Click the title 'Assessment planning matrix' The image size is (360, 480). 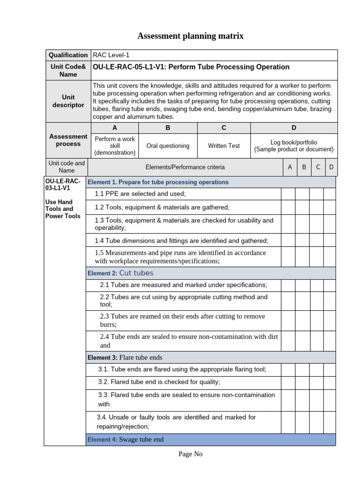(190, 36)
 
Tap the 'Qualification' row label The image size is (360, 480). (68, 55)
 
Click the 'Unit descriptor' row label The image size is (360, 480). (68, 101)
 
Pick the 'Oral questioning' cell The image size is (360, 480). (168, 146)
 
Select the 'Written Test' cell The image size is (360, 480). (224, 146)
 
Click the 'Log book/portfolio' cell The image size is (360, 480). (294, 146)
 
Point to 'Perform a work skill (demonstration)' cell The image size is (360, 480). (115, 146)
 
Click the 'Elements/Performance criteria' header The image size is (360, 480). (185, 167)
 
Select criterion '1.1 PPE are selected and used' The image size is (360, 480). (140, 194)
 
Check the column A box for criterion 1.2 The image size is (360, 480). (288, 207)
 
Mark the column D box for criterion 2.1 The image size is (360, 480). (330, 285)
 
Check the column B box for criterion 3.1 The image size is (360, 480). (302, 369)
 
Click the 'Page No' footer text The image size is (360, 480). (190, 454)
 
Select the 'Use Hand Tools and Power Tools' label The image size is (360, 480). (63, 209)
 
